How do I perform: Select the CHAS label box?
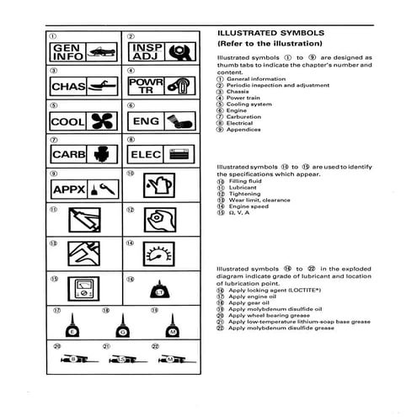(x=67, y=86)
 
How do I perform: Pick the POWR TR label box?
(x=142, y=86)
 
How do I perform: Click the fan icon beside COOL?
(x=99, y=121)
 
